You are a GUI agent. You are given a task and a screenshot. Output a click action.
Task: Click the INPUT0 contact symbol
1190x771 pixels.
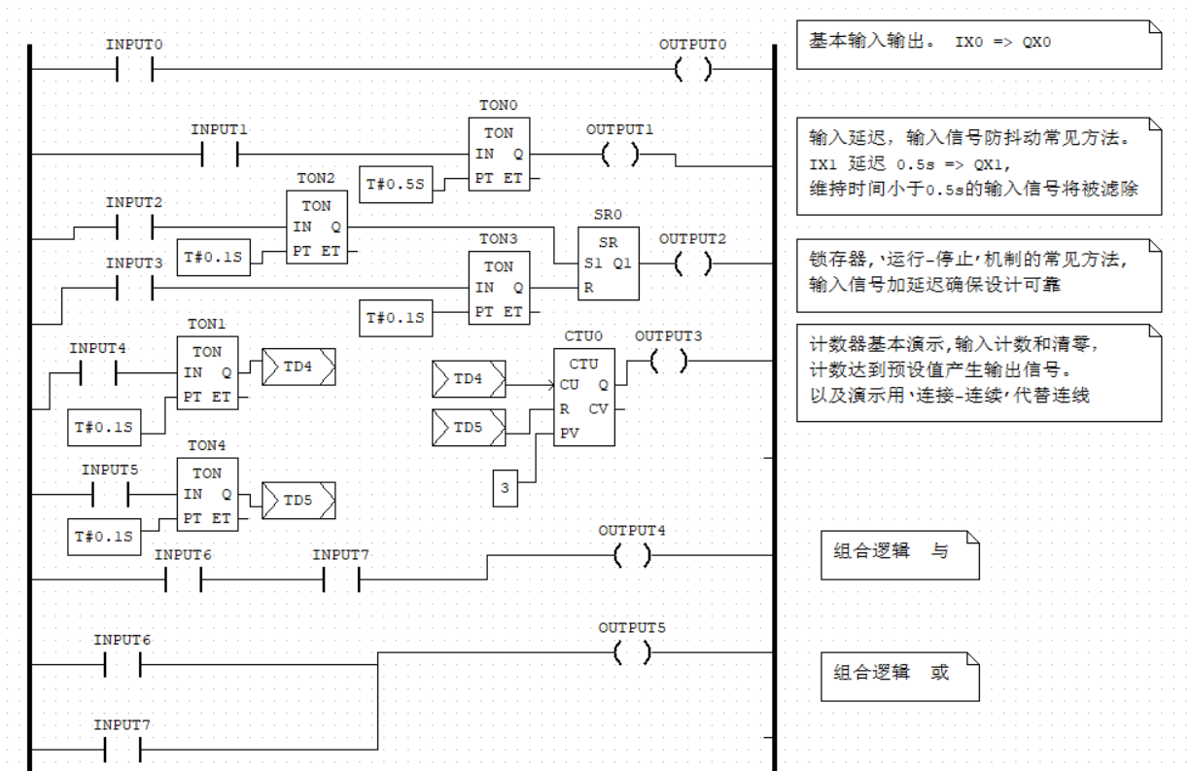[x=135, y=70]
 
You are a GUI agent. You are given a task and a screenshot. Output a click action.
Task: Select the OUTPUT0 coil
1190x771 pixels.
[x=692, y=70]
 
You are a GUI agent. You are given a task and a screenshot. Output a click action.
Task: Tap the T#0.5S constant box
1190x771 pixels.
[x=396, y=184]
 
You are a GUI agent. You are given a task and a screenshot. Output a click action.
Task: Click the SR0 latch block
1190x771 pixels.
[x=608, y=263]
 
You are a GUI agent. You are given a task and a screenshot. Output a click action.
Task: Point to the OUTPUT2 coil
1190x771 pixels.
[x=692, y=263]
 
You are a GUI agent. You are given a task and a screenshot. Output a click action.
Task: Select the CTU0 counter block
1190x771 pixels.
[x=583, y=398]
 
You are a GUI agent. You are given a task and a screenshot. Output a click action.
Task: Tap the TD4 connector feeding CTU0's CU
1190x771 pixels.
[x=469, y=379]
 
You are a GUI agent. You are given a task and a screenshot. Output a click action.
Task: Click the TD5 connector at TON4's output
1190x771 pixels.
[x=298, y=501]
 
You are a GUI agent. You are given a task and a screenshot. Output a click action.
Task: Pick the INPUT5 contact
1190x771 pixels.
[x=110, y=495]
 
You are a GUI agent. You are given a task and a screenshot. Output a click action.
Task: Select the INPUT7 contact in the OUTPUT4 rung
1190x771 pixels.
[x=340, y=579]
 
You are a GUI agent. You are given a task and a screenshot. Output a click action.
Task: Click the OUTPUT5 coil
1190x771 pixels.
[x=632, y=653]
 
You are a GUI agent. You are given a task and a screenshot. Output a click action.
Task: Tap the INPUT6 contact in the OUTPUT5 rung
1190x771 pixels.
[x=122, y=665]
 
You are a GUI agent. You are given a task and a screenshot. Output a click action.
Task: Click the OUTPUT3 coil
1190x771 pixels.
[x=668, y=362]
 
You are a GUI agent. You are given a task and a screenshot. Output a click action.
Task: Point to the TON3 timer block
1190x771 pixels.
[x=499, y=289]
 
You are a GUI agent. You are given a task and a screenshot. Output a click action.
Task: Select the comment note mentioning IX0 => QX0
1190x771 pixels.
[x=978, y=44]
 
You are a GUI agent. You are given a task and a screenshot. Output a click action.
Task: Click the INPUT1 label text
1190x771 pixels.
[x=220, y=129]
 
